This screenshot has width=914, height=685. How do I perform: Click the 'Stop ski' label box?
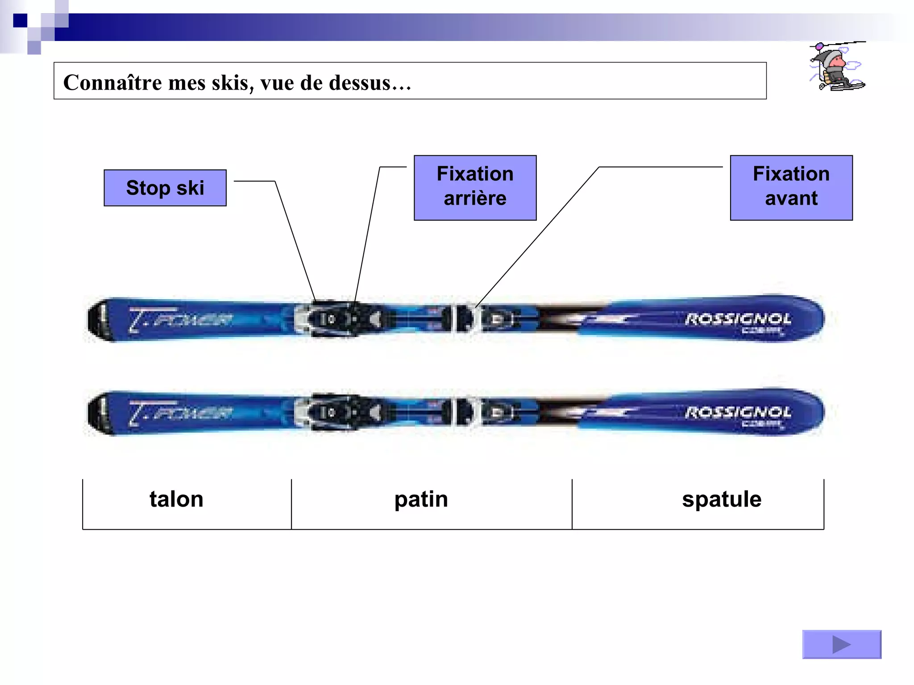(165, 188)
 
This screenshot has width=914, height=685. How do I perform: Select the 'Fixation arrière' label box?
(475, 188)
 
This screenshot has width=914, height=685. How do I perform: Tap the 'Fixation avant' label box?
(791, 188)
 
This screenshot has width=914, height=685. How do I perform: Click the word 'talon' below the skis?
(176, 499)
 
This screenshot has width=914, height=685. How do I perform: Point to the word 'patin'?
(421, 499)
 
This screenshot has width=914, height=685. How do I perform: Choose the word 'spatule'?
(721, 499)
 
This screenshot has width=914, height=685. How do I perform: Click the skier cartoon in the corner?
(836, 67)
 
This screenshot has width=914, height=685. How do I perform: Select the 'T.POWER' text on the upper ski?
(181, 320)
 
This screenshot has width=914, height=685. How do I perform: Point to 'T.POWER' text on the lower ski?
(181, 413)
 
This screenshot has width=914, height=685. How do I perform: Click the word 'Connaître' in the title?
(112, 83)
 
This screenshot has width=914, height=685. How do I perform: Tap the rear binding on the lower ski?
(339, 413)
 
